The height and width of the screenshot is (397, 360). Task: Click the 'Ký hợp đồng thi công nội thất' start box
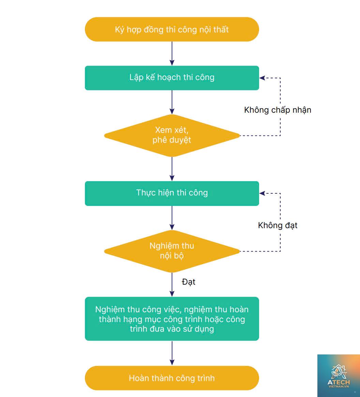[172, 29]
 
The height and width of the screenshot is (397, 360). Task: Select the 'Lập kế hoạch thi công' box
[172, 78]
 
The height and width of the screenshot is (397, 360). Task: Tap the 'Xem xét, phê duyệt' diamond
[172, 136]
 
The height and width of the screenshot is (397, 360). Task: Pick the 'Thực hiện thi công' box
[172, 193]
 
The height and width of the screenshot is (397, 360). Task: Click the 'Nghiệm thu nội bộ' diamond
[172, 251]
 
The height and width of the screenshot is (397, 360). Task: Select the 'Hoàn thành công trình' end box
[172, 378]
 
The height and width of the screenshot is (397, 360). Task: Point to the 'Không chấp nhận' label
[277, 110]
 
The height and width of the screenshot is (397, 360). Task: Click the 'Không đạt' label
[277, 225]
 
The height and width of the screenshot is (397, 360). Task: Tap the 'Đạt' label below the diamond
[189, 282]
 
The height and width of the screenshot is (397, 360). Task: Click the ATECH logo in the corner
[339, 376]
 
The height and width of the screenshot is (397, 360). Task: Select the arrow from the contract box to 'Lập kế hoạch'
[172, 54]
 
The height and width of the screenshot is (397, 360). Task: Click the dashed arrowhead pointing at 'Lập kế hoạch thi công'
[262, 78]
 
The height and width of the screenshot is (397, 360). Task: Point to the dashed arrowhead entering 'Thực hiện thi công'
[262, 193]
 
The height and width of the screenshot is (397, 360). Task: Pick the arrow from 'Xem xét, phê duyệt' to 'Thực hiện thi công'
[172, 169]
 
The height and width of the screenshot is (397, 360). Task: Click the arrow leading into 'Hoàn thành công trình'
[172, 353]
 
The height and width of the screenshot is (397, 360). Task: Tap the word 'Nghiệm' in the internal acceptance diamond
[162, 246]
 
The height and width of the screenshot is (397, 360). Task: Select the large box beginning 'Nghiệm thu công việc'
[172, 319]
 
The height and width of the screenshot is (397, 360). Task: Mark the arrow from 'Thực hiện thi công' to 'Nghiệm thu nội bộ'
[172, 218]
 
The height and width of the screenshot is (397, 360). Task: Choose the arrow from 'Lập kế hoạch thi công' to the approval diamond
[172, 102]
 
